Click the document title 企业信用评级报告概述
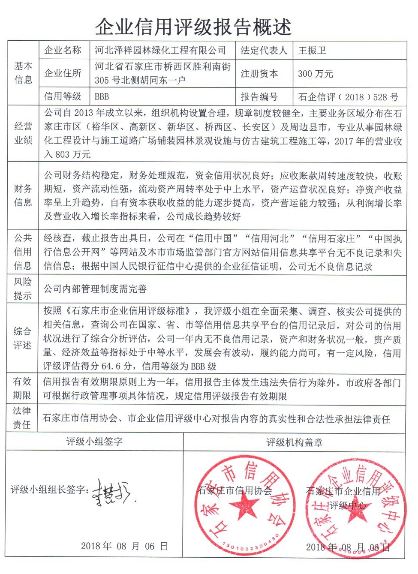tap(193, 27)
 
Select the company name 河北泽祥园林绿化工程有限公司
tap(160, 51)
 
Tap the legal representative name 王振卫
tap(312, 51)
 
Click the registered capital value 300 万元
tap(316, 74)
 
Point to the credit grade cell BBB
tap(102, 96)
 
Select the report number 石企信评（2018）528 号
tap(348, 97)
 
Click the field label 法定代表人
tap(264, 51)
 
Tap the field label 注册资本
tap(259, 74)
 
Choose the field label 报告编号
tap(259, 97)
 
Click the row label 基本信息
tap(23, 73)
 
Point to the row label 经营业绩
tap(23, 133)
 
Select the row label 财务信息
tap(23, 195)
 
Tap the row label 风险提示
tap(23, 289)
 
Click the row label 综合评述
tap(22, 338)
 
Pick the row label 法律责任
tap(22, 418)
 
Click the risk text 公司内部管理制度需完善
tap(95, 289)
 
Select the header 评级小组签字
tap(94, 442)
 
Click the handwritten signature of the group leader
tap(112, 491)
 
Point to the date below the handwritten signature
tap(124, 546)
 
